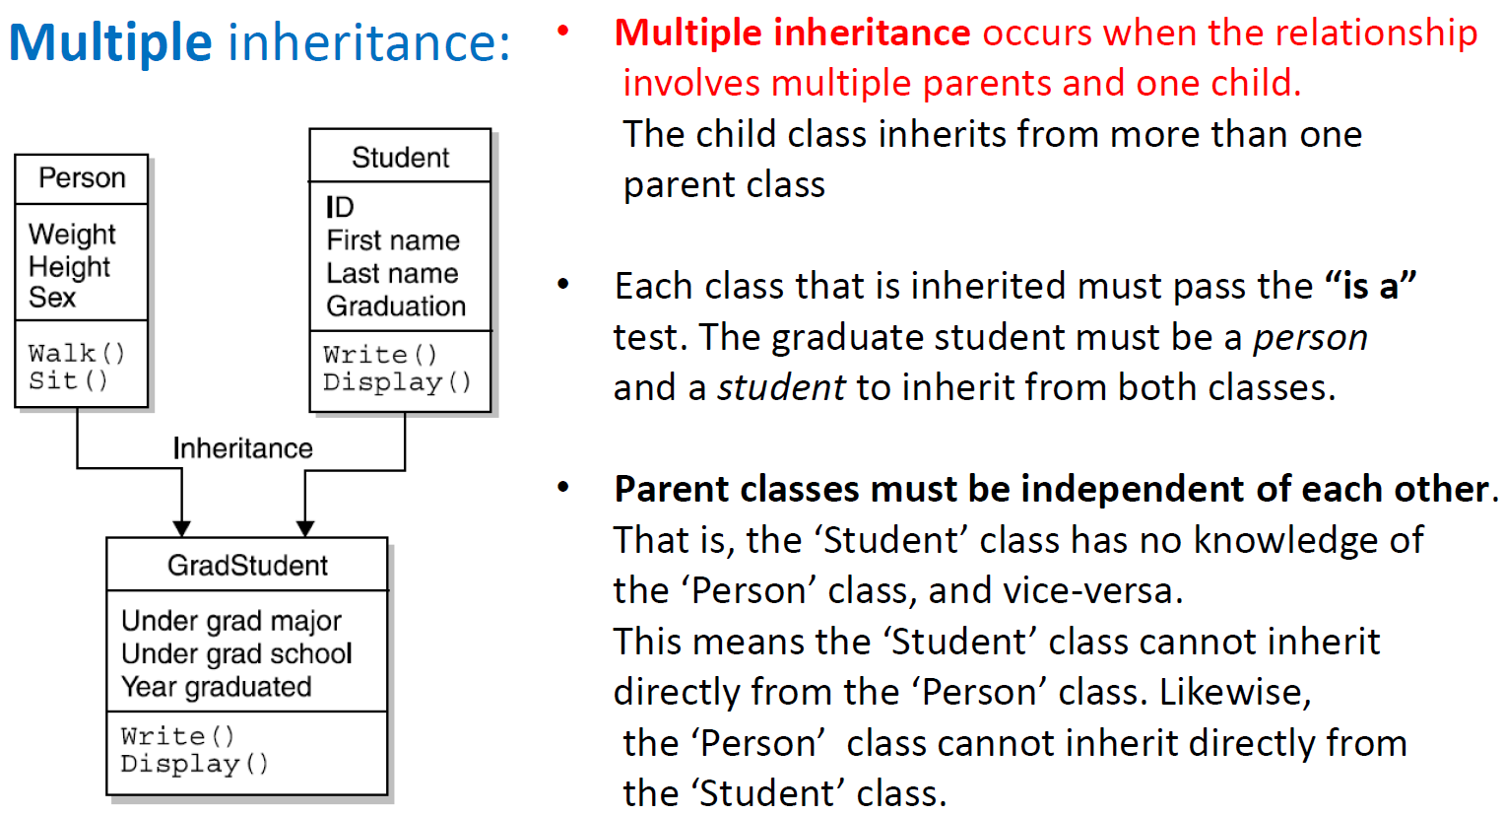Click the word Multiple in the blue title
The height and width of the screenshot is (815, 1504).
110,42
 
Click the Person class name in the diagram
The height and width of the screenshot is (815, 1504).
82,178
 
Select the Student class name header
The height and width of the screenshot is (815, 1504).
400,158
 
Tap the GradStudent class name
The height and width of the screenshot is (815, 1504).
247,566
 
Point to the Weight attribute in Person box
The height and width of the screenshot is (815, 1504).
72,235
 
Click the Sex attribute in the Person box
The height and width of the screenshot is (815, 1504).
52,298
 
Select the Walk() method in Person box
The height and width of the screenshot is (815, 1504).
77,353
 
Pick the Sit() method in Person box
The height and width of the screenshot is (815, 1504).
68,380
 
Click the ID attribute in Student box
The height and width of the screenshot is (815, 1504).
340,207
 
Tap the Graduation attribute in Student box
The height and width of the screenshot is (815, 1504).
396,306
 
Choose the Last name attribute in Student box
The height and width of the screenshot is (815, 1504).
392,273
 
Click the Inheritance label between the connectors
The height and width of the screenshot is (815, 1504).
242,448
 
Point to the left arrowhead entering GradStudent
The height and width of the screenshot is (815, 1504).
181,528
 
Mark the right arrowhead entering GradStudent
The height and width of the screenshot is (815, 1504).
305,528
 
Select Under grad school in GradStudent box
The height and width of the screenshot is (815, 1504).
236,653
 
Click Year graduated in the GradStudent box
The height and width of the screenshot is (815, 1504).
216,687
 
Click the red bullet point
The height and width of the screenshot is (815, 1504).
563,31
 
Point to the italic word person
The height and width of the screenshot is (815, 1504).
1310,338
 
